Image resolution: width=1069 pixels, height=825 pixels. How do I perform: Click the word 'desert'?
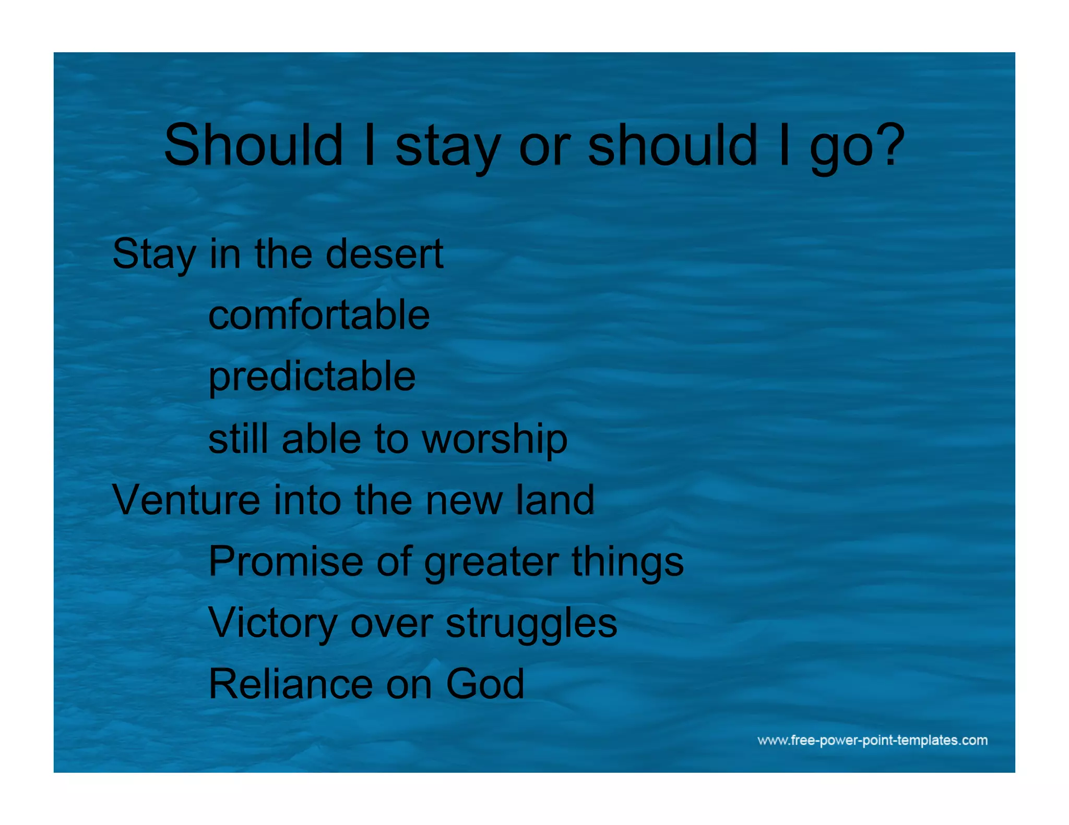click(384, 254)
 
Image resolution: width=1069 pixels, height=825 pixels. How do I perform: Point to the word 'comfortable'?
click(319, 315)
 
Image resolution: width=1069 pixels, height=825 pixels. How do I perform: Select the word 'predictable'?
click(312, 377)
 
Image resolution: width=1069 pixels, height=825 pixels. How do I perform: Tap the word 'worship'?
click(494, 439)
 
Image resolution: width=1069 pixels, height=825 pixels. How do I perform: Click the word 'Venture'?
click(186, 500)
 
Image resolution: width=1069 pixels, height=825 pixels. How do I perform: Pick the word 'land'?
click(555, 500)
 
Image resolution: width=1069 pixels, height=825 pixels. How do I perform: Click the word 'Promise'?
click(286, 561)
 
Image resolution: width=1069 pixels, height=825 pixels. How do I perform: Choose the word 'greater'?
click(491, 562)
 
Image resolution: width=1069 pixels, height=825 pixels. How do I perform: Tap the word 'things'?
click(627, 562)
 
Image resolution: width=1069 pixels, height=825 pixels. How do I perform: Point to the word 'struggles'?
click(531, 624)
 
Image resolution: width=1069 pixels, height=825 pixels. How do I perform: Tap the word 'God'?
click(485, 684)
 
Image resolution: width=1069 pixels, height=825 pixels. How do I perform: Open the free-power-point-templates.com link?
click(872, 741)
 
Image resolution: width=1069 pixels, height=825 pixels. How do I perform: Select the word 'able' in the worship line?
click(321, 439)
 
